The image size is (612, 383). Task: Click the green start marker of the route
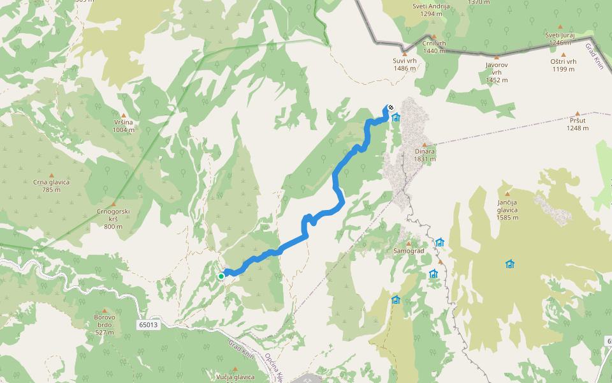[x=221, y=276]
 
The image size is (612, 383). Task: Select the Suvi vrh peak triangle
[x=404, y=54]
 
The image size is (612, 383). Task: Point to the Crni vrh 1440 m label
[x=433, y=47]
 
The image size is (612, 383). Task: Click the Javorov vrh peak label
[x=497, y=72]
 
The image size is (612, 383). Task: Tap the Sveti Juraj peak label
[x=560, y=38]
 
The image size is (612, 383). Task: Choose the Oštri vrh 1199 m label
[x=564, y=65]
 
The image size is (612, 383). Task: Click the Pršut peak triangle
[x=578, y=113]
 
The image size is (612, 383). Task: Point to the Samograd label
[x=409, y=251]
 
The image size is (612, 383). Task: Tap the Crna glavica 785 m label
[x=51, y=185]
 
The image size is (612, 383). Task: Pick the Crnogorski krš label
[x=113, y=218]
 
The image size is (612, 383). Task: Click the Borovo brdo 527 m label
[x=105, y=324]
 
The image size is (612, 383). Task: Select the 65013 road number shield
[x=147, y=325]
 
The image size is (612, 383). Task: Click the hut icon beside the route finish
[x=396, y=117]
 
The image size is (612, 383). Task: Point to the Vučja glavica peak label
[x=235, y=377]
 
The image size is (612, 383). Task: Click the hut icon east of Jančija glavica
[x=509, y=264]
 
